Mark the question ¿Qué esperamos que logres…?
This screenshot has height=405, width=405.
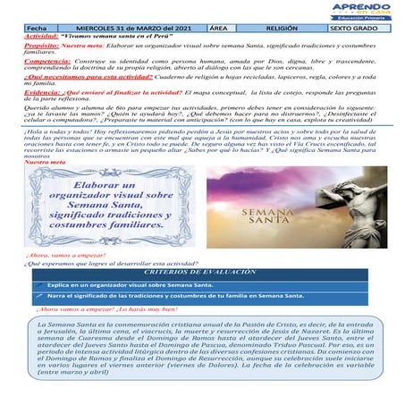tap(107, 264)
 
